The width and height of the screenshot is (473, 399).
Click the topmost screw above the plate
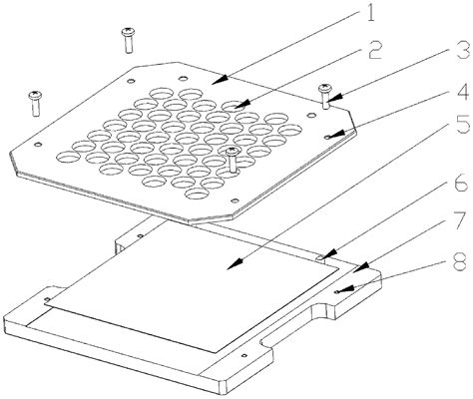tap(129, 39)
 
